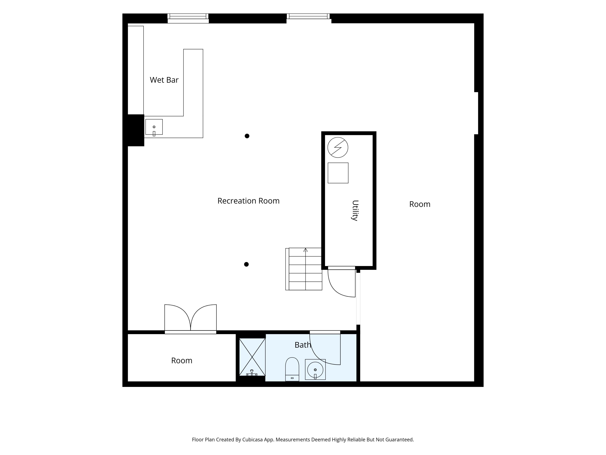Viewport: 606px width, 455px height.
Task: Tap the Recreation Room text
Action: click(249, 201)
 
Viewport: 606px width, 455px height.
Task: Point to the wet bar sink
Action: click(154, 127)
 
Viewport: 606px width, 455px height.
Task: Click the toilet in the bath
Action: click(292, 369)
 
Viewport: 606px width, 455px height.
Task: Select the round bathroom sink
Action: click(315, 370)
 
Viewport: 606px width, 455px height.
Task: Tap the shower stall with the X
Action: click(252, 357)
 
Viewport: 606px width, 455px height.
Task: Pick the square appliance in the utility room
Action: click(338, 173)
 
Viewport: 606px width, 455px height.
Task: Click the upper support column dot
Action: click(247, 136)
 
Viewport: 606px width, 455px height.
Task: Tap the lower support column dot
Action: click(246, 264)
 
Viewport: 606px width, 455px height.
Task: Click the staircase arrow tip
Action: click(306, 249)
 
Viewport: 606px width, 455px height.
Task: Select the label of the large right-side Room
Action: click(420, 204)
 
